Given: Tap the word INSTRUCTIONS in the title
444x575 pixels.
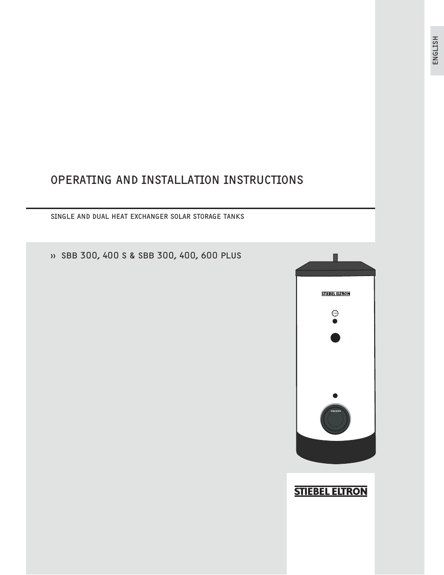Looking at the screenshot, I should click(x=263, y=180).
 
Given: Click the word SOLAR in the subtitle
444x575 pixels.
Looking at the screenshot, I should click(x=181, y=216).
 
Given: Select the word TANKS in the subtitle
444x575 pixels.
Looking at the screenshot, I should click(x=234, y=216).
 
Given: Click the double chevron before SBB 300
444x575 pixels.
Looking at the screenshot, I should click(x=53, y=256).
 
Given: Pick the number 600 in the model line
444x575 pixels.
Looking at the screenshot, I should click(x=209, y=256).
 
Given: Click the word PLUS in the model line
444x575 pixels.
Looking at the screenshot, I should click(x=231, y=256).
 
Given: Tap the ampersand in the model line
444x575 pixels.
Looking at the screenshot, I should click(x=132, y=256).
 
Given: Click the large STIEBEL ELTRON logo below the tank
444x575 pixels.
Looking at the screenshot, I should click(x=330, y=492).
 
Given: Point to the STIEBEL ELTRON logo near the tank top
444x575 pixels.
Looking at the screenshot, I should click(x=336, y=294).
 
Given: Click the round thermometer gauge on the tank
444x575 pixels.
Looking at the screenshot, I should click(x=335, y=313).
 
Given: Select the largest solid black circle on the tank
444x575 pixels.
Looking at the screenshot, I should click(x=335, y=338).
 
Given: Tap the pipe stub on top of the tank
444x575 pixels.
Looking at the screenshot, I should click(x=335, y=257).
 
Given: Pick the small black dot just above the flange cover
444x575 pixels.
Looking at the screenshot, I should click(x=335, y=396).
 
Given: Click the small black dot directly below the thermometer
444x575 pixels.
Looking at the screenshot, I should click(x=335, y=321).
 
